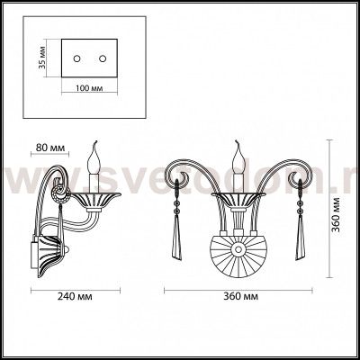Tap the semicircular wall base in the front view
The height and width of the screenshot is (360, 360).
point(238,256)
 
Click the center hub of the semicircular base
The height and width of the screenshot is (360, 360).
point(238,245)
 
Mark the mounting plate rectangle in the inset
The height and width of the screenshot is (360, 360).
point(91,58)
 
